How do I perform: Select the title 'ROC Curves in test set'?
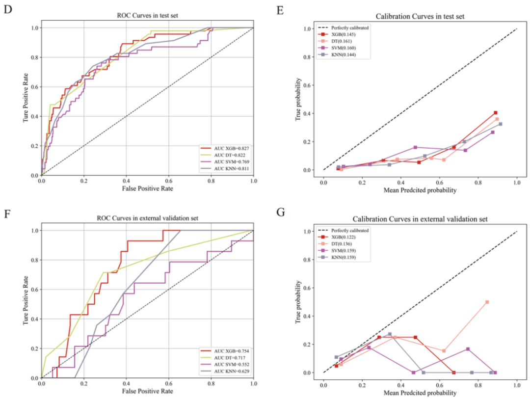pyautogui.click(x=147, y=15)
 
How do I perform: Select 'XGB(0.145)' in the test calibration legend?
pyautogui.click(x=344, y=34)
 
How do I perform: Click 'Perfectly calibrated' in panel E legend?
pyautogui.click(x=349, y=27)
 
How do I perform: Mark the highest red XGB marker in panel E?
pyautogui.click(x=496, y=113)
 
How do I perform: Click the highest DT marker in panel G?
pyautogui.click(x=487, y=302)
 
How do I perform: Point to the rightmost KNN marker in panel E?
pyautogui.click(x=501, y=124)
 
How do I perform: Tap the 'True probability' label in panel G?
pyautogui.click(x=298, y=302)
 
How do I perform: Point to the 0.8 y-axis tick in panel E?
pyautogui.click(x=308, y=57)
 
